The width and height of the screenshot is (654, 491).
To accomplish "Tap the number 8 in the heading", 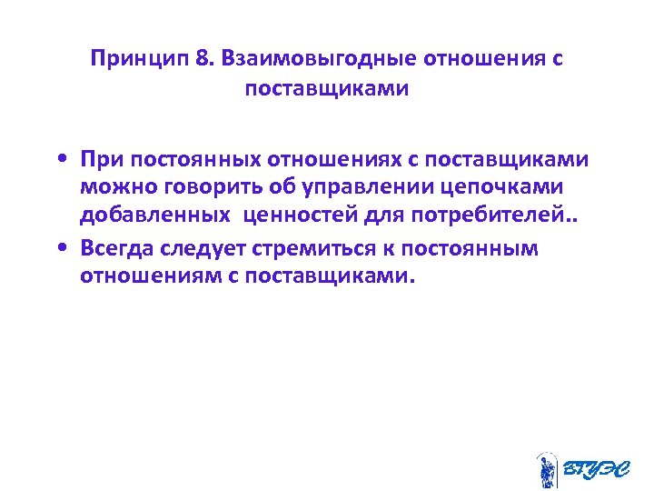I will [x=201, y=60].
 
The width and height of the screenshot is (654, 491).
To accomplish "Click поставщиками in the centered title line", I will [x=327, y=90].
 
